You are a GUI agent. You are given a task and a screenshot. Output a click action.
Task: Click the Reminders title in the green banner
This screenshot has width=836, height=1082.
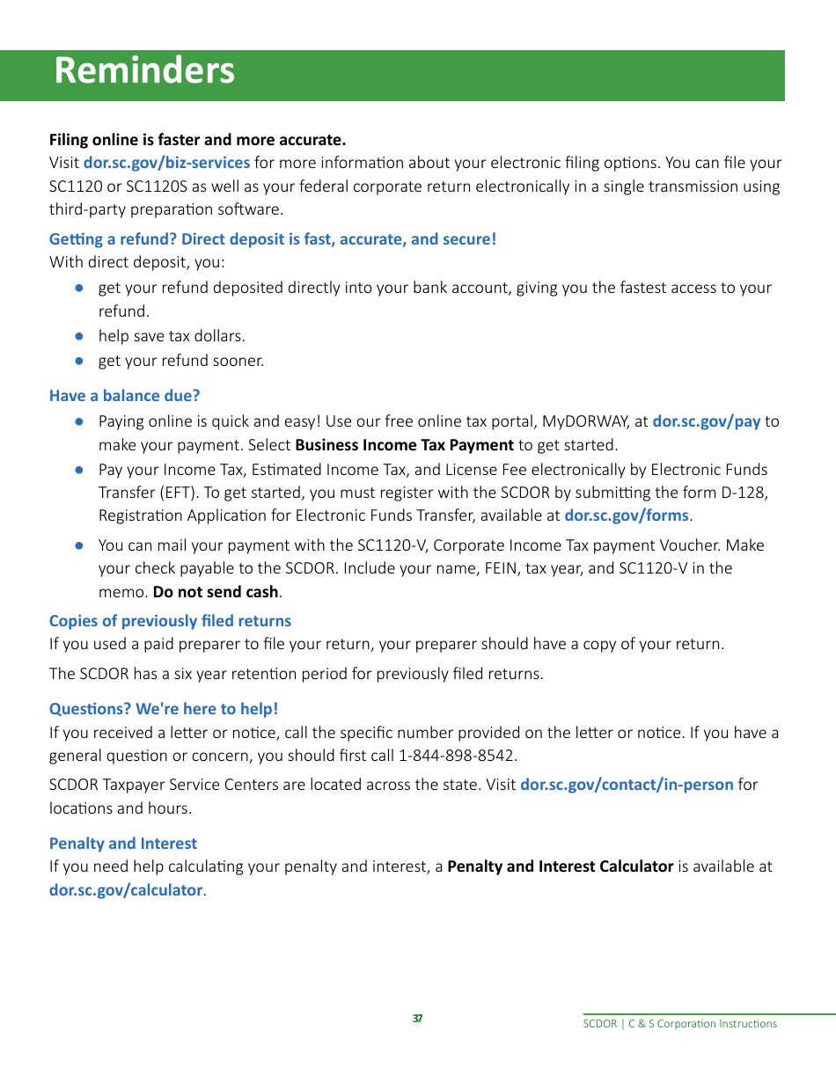click(x=144, y=71)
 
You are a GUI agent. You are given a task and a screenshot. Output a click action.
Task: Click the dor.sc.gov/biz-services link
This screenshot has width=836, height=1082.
click(x=166, y=163)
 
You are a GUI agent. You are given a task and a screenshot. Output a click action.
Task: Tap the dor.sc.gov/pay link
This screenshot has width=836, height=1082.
click(x=706, y=421)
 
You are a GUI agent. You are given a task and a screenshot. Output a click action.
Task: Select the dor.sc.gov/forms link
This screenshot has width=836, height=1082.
click(x=626, y=515)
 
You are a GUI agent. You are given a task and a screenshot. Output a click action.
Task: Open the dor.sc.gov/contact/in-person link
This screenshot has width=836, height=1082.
click(x=627, y=784)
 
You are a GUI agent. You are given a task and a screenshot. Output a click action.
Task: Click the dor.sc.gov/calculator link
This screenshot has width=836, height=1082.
click(x=126, y=890)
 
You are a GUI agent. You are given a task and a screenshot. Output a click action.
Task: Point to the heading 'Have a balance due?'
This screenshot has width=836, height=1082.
click(x=124, y=396)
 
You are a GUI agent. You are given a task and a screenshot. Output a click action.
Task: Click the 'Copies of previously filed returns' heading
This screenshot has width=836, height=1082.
click(x=170, y=621)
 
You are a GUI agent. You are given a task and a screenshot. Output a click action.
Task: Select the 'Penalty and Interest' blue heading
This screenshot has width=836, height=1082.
click(x=123, y=844)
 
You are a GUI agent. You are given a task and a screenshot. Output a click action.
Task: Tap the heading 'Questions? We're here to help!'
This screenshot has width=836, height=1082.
click(x=164, y=709)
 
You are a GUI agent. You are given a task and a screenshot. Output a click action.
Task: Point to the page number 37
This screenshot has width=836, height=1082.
click(x=417, y=1019)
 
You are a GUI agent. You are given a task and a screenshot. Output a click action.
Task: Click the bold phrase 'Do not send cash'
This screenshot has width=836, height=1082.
click(x=216, y=592)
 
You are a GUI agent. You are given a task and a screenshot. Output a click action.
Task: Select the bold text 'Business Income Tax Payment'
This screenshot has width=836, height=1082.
click(x=405, y=445)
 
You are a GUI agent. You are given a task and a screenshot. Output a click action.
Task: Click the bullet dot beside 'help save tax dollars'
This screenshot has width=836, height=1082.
click(x=78, y=336)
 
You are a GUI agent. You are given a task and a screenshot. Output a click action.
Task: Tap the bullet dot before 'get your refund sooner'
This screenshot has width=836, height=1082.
click(x=78, y=361)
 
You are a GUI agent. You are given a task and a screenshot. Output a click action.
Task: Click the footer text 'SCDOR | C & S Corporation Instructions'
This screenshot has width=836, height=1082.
click(x=680, y=1024)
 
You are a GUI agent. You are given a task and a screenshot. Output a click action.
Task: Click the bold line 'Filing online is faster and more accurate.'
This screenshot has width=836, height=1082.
click(x=197, y=140)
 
